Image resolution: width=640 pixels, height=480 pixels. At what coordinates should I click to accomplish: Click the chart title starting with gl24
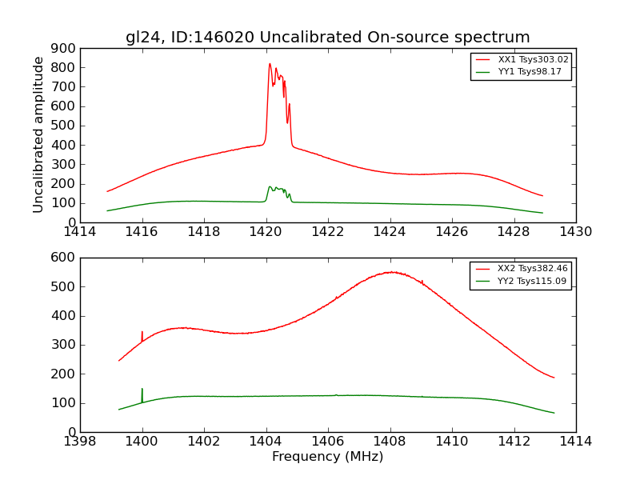point(327,37)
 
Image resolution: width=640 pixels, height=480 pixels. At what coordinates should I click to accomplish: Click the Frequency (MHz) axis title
point(327,457)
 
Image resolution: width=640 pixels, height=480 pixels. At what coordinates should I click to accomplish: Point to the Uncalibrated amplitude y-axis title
point(38,134)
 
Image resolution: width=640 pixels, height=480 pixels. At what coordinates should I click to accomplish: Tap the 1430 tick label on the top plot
point(575,232)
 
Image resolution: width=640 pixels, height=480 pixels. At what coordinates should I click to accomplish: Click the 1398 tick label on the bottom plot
point(80,442)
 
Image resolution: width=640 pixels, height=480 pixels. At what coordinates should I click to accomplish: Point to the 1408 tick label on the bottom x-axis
point(390,442)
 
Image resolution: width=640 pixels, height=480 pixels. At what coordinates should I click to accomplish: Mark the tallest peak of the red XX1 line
point(270,64)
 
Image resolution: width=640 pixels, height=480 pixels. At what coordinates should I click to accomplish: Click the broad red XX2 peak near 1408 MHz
point(390,272)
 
